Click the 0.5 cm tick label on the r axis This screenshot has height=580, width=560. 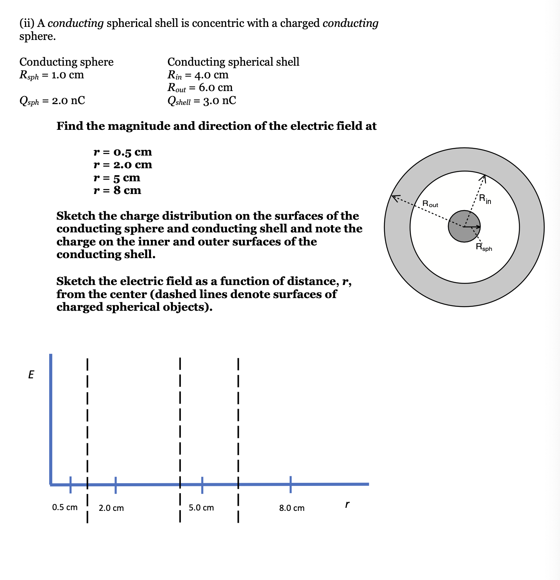[65, 507]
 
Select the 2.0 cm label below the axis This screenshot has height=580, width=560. [111, 508]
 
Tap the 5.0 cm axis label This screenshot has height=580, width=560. [201, 507]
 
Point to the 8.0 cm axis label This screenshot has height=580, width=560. [292, 508]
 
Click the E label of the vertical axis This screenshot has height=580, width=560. [31, 375]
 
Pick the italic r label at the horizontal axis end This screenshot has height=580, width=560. [347, 504]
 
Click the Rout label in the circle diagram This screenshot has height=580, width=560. [430, 204]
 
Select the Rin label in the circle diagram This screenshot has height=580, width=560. [485, 199]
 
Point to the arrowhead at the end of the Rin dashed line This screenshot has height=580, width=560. [484, 178]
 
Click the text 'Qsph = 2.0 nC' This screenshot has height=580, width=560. [52, 101]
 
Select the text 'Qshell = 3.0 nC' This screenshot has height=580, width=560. [202, 101]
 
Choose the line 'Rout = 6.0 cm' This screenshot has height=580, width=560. [200, 88]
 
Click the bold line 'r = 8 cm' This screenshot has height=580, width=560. [117, 190]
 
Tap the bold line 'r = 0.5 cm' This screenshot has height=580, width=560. [123, 152]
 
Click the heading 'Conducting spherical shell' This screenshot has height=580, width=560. [233, 61]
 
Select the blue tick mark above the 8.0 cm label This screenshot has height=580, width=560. [290, 484]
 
